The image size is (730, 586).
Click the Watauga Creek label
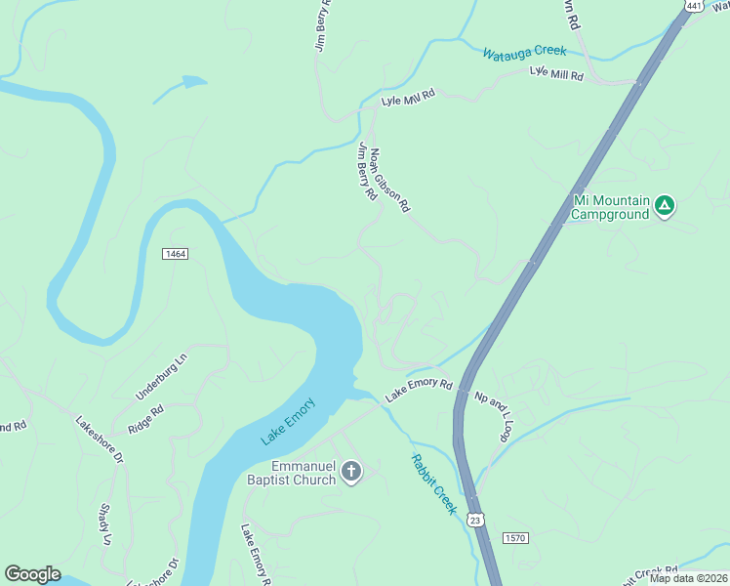[524, 51]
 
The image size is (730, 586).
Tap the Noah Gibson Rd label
[390, 180]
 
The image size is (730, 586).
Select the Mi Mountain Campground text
[610, 207]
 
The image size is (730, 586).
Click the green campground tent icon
[664, 205]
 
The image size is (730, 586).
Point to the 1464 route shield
[175, 254]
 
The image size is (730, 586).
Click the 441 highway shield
[694, 6]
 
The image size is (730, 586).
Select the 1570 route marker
[516, 538]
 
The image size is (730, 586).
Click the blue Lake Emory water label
[289, 421]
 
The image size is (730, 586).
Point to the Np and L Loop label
[493, 417]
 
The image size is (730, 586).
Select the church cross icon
[351, 474]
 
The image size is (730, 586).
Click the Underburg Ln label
[161, 376]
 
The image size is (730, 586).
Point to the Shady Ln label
[104, 524]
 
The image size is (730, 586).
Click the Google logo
[32, 574]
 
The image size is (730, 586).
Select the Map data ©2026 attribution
[688, 578]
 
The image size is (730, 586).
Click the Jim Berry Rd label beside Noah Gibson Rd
[367, 172]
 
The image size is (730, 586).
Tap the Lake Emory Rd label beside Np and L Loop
[420, 390]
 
